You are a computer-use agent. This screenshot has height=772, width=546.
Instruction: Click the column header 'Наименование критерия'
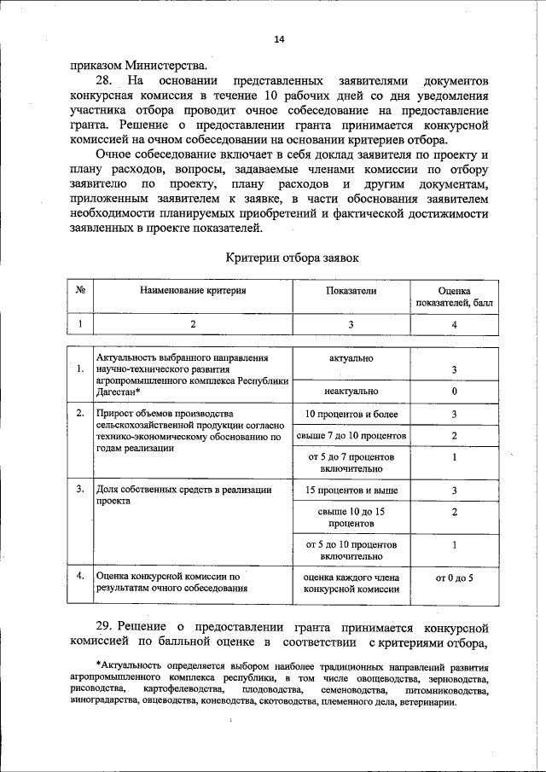point(193,290)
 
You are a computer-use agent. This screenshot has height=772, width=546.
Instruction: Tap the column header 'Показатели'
point(351,290)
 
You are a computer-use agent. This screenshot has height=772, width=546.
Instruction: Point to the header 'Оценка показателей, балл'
point(454,296)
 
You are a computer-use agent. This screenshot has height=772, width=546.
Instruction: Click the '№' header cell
point(80,290)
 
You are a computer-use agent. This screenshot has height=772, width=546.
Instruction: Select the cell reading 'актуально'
point(351,358)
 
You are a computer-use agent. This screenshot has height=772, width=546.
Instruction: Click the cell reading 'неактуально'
point(351,391)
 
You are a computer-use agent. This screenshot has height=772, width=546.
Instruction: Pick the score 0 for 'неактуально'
point(455,391)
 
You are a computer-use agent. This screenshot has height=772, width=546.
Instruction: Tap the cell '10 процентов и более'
point(351,415)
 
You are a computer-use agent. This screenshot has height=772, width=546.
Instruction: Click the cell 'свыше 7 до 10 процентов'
point(351,436)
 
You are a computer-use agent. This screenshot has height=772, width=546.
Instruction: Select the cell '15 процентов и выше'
point(351,490)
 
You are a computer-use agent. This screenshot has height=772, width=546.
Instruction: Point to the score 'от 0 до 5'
point(455,578)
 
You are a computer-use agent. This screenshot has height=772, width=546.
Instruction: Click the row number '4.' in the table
point(79,576)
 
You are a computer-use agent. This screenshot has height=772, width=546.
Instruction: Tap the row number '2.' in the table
point(79,414)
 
